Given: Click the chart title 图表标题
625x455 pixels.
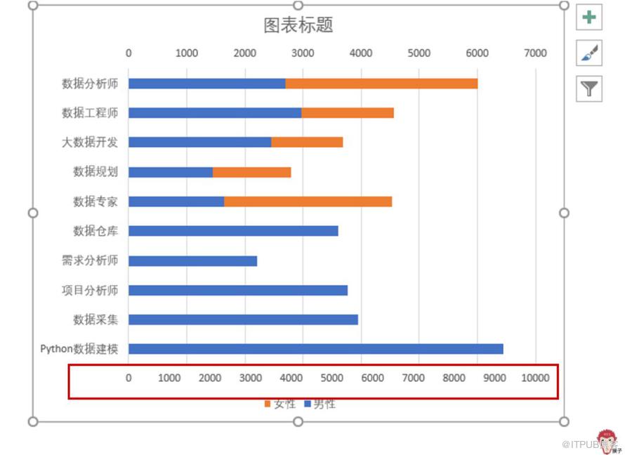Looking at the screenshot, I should coord(298,25).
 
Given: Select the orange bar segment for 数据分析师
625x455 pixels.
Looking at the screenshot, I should coord(381,84).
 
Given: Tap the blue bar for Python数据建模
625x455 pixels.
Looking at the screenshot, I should coord(315,349).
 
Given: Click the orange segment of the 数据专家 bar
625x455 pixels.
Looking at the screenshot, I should coord(308,202).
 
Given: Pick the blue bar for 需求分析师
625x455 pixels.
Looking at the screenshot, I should coord(192,261).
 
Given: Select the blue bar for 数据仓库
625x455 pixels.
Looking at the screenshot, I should coord(233,231).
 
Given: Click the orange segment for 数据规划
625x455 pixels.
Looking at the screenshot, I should coord(251,172).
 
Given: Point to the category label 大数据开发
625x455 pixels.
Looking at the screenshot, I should coord(89,143).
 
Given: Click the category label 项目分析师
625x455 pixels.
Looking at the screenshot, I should coord(89,290).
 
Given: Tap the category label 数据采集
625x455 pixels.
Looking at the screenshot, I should coord(96,319).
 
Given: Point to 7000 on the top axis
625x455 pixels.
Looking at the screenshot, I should coord(535,53).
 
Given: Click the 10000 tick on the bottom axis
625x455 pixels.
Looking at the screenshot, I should coord(535,378).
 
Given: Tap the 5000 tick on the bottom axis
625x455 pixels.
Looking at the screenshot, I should coord(331,378).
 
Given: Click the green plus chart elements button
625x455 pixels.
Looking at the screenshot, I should coord(589,17).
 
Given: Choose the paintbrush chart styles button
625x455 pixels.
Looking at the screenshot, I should coord(589,53).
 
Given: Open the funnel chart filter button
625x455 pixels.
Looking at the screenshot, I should coord(589,88).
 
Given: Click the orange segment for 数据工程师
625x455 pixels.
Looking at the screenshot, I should coord(348,113).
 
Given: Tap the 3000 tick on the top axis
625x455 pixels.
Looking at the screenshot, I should coord(303,53).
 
